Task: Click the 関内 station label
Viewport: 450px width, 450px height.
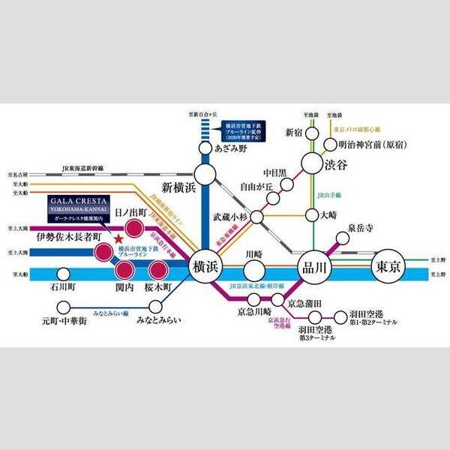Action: coord(125,286)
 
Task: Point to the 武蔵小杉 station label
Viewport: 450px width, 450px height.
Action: coord(229,214)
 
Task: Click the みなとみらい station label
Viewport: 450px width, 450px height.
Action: coord(158,320)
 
